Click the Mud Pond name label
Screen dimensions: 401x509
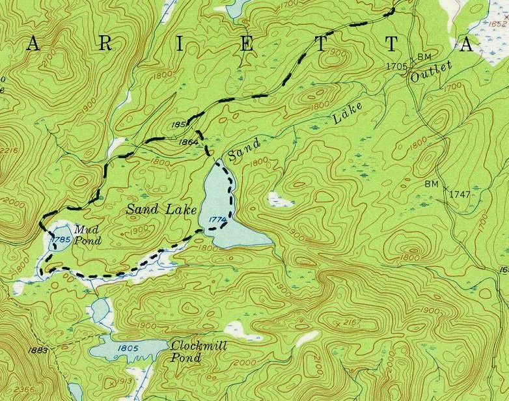coord(88,235)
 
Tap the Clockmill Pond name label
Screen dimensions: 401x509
coord(199,352)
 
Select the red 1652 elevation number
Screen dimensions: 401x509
coord(497,24)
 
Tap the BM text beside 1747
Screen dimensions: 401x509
coord(432,184)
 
